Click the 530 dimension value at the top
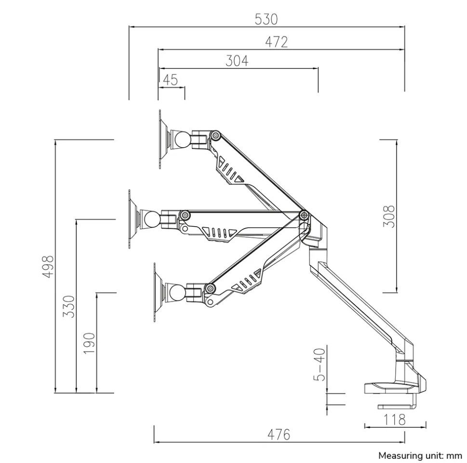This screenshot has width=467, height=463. [x=266, y=19]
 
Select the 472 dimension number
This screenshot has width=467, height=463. [x=276, y=42]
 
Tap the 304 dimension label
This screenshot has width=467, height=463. [x=237, y=61]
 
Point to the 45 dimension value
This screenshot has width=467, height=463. [x=170, y=80]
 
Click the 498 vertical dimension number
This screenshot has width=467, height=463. [x=48, y=266]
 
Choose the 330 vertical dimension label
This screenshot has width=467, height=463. [x=69, y=306]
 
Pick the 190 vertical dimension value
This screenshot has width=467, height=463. [x=89, y=343]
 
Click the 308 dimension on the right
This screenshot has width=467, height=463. [x=389, y=217]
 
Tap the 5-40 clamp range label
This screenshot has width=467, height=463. [x=320, y=365]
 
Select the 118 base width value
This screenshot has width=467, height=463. [x=394, y=420]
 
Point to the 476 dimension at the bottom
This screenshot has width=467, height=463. [x=279, y=435]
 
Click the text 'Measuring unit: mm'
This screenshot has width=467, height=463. [x=420, y=455]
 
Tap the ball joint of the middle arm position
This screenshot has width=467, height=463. [x=152, y=220]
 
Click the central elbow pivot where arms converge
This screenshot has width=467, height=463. [x=304, y=214]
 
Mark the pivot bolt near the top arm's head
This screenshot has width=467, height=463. [x=215, y=136]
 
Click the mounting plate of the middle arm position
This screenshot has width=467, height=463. [x=132, y=219]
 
